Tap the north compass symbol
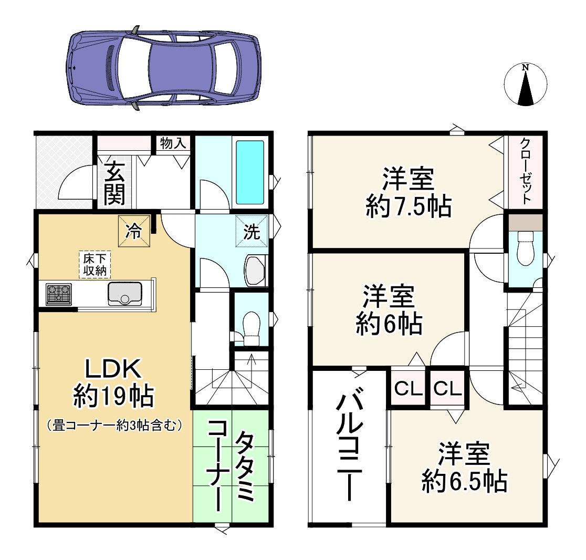525,84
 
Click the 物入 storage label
173,143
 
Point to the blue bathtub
249,172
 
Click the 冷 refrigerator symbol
135,231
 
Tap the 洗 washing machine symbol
252,231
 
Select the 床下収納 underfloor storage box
95,264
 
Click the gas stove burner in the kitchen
59,294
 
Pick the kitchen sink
124,293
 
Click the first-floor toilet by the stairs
252,329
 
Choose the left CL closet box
409,389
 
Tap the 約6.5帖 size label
465,481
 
